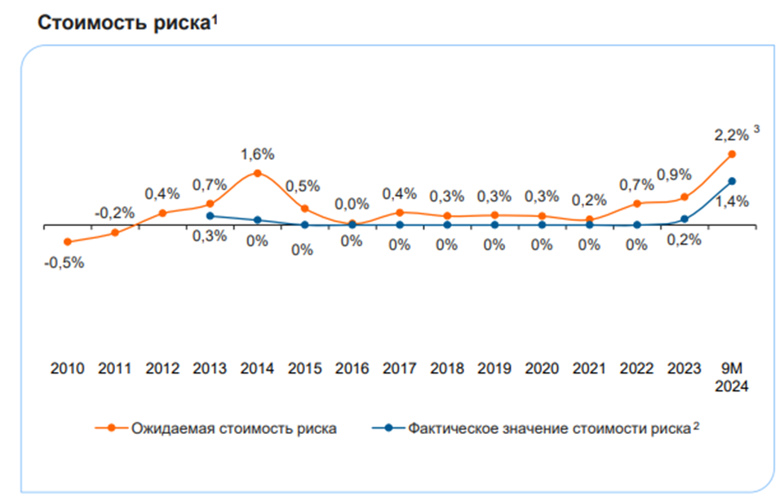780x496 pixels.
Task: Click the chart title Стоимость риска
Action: click(123, 23)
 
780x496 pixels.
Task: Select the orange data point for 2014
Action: click(257, 173)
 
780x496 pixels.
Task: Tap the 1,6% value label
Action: click(257, 154)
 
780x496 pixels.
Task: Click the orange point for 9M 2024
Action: click(732, 154)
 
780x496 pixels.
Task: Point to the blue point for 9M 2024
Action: click(732, 181)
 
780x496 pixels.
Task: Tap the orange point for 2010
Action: click(68, 241)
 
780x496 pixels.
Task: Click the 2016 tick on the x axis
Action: click(352, 368)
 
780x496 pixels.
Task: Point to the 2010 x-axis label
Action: click(68, 368)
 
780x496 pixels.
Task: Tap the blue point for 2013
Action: click(210, 216)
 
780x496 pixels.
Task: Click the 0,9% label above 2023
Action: click(674, 175)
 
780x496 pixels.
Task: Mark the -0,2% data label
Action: click(114, 213)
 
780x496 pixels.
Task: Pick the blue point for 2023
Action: click(685, 219)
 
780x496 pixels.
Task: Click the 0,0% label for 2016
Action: click(352, 203)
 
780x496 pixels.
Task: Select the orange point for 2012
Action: click(162, 213)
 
